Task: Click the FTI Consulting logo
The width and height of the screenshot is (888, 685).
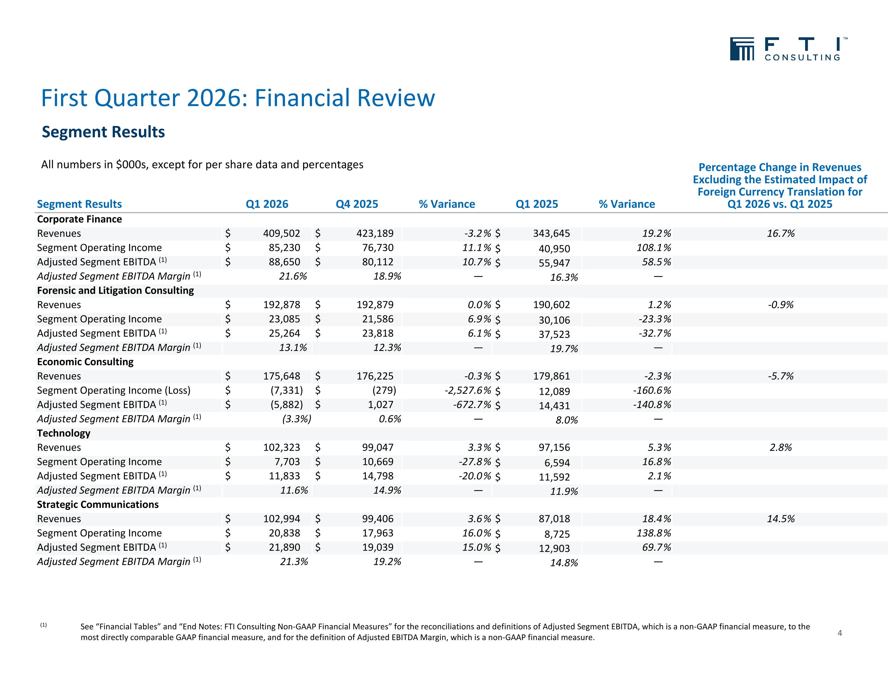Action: click(789, 49)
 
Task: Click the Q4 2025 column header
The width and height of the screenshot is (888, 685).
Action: click(357, 204)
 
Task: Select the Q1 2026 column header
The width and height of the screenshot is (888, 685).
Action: click(267, 204)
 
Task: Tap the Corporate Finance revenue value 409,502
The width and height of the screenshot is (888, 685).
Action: click(281, 233)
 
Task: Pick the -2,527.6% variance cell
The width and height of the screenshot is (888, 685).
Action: click(468, 390)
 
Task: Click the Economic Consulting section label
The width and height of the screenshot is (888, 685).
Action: click(85, 362)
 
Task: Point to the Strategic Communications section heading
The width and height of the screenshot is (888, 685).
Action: click(98, 505)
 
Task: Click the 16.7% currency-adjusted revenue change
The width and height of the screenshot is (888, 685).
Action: click(781, 233)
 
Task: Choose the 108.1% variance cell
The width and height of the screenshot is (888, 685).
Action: click(654, 248)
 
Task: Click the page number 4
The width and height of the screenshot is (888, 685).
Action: click(840, 633)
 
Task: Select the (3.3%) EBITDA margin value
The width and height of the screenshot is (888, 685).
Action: click(296, 419)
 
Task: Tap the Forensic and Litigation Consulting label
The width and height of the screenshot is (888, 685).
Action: click(115, 290)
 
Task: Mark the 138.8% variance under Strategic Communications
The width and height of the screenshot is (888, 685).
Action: click(654, 533)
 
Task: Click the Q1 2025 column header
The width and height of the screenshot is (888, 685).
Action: click(537, 204)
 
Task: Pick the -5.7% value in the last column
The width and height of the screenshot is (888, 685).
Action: click(781, 376)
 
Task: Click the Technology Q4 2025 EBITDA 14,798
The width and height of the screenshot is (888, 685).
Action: click(378, 476)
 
